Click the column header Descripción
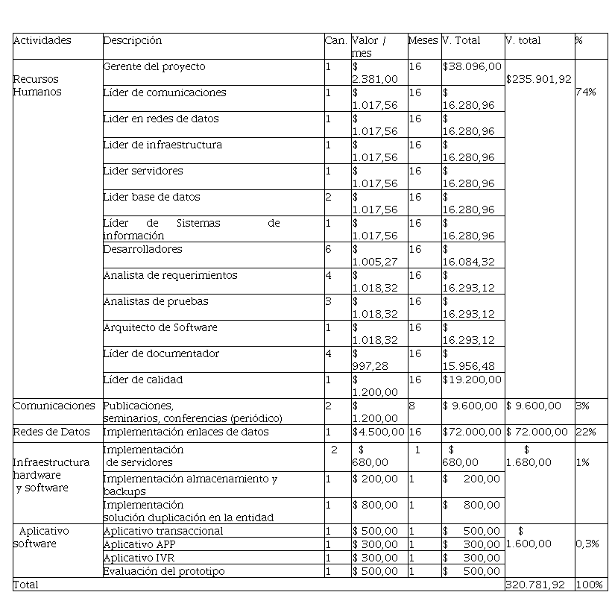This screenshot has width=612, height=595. pos(132,40)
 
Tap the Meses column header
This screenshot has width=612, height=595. pos(423,40)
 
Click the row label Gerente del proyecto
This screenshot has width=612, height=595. pos(154,66)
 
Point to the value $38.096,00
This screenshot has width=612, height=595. pos(472,66)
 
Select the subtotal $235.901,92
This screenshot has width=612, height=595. pos(538,79)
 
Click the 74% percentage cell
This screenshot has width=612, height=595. pos(585,92)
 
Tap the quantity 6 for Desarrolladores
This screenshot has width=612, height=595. pos(328,249)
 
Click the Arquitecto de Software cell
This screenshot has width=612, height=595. pos(160,327)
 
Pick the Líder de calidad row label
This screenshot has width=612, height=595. pos(142,380)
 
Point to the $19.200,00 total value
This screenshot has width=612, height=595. pos(472,380)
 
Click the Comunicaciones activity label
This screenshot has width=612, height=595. pos(54,406)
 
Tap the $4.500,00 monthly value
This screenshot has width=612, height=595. pos(378,432)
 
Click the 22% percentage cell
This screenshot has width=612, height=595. pos(583,432)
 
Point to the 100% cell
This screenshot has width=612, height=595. pos(587,585)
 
